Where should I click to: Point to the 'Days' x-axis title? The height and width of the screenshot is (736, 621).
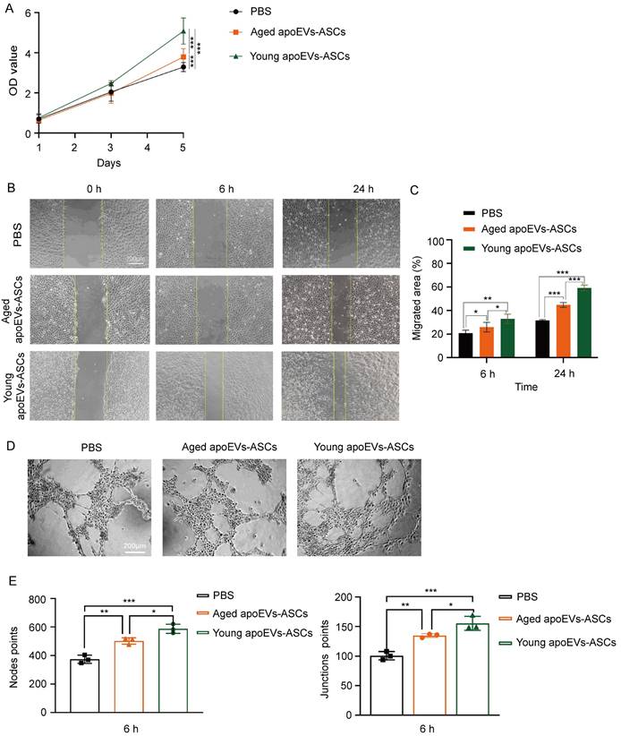click(x=110, y=163)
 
